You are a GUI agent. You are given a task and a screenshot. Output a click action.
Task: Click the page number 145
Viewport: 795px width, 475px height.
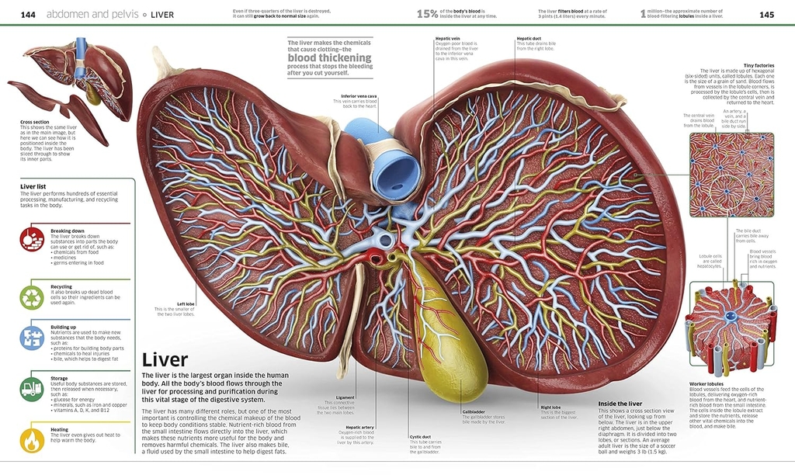click(767, 15)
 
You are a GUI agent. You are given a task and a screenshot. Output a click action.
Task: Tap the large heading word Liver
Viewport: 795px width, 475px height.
click(165, 360)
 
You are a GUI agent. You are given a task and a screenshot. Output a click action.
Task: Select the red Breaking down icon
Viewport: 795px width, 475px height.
click(32, 239)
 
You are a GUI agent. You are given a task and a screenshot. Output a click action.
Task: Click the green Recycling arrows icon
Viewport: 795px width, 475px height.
click(32, 296)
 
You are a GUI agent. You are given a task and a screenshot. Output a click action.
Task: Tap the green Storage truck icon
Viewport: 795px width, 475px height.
click(32, 388)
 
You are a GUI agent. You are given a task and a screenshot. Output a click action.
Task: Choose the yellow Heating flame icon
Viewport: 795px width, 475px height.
click(32, 439)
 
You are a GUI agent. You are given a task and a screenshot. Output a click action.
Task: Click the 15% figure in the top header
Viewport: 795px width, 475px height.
click(427, 14)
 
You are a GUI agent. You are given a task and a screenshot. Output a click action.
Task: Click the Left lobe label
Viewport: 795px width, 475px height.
click(186, 303)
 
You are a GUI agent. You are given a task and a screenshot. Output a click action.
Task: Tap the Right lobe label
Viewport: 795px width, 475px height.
click(550, 407)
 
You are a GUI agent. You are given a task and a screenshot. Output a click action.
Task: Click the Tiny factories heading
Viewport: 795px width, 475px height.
click(758, 66)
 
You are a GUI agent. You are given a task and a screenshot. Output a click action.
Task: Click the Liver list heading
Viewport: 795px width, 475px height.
click(33, 186)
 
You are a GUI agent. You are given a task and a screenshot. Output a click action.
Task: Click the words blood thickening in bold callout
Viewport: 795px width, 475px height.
click(329, 58)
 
